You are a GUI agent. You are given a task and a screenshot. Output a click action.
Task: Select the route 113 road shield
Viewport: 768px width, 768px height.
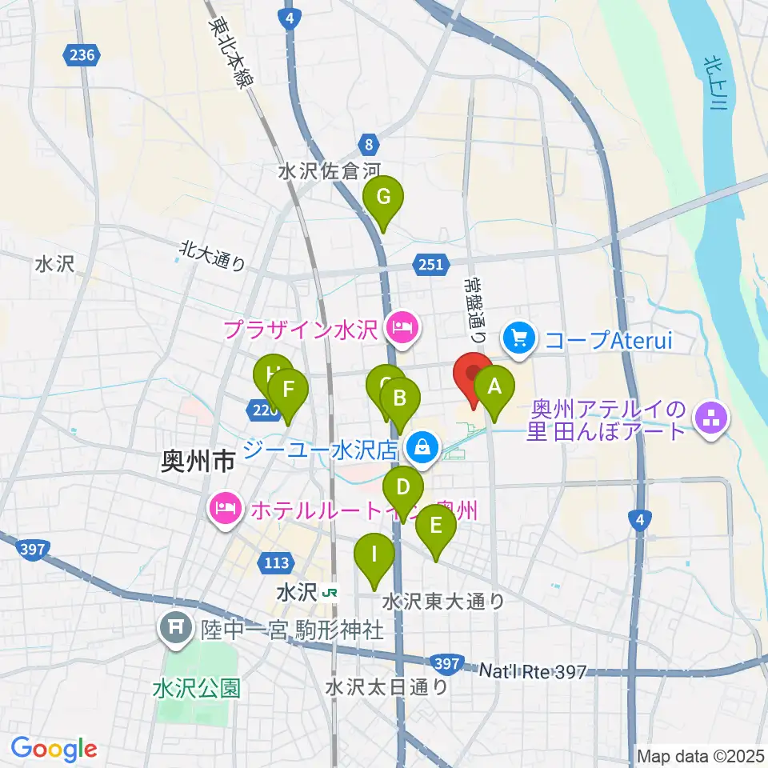click(x=276, y=563)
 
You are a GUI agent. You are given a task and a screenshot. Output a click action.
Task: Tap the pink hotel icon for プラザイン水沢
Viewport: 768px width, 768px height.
click(x=399, y=327)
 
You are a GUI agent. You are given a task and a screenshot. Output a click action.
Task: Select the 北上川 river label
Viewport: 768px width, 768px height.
click(x=714, y=85)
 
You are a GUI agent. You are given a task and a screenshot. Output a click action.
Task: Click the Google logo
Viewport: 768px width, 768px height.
click(x=54, y=749)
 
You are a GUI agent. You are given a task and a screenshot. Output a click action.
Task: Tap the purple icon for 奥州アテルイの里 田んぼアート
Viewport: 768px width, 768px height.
click(x=710, y=416)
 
